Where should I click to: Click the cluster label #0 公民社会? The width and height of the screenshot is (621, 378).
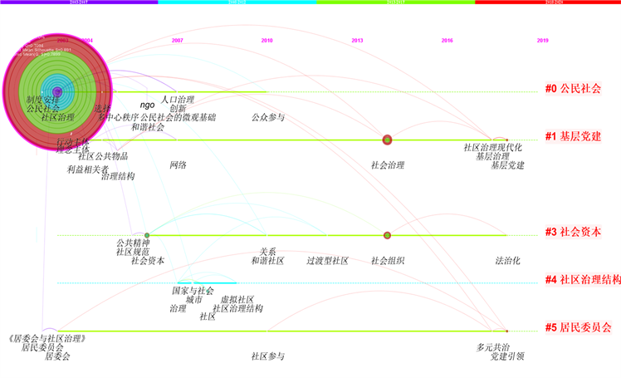tap(573, 89)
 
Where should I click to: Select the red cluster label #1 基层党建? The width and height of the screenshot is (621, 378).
tap(573, 137)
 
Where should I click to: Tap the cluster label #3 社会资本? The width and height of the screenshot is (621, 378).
tap(573, 233)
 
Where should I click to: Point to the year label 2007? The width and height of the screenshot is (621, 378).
tap(178, 41)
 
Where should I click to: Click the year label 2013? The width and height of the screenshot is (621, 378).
tap(357, 41)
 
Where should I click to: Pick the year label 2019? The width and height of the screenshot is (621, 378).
tap(542, 41)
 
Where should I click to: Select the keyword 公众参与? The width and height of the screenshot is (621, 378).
tap(267, 118)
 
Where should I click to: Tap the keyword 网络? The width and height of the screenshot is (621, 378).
tap(178, 165)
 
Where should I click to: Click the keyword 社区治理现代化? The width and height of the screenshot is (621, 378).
tap(492, 148)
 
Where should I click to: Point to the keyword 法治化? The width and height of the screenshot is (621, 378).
tap(507, 261)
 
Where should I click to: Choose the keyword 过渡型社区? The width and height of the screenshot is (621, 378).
tap(327, 261)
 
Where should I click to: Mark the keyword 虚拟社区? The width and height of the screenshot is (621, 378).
tap(237, 300)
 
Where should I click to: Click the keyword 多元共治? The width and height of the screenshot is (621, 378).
tap(492, 347)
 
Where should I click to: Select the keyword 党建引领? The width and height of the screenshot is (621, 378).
tap(507, 356)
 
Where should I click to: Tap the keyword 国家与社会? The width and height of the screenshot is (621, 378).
tap(193, 291)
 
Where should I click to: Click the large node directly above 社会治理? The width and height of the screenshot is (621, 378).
tap(387, 140)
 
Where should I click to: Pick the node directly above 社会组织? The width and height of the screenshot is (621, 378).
tap(387, 236)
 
